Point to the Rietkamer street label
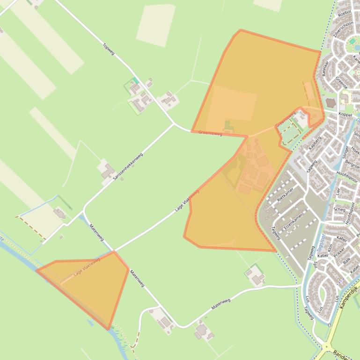pos(284,194)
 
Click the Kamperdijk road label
pos(348,297)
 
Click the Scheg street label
pos(339,209)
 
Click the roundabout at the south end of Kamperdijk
pos(327,347)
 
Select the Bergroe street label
pos(352,166)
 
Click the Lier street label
pos(338,191)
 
